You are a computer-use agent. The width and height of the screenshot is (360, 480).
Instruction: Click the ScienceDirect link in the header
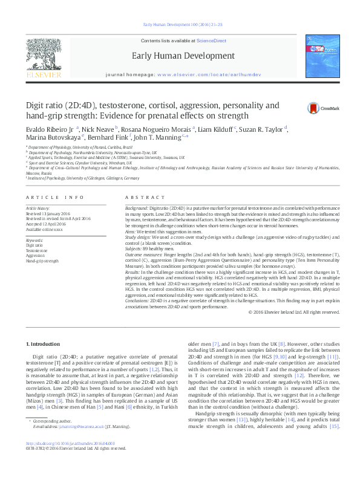click(x=212, y=41)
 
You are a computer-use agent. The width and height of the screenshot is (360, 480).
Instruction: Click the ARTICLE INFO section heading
click(x=54, y=198)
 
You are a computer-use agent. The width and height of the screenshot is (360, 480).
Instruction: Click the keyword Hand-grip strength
click(x=42, y=261)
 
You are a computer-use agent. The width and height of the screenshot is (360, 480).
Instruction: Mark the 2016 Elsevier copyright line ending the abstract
click(x=294, y=312)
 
